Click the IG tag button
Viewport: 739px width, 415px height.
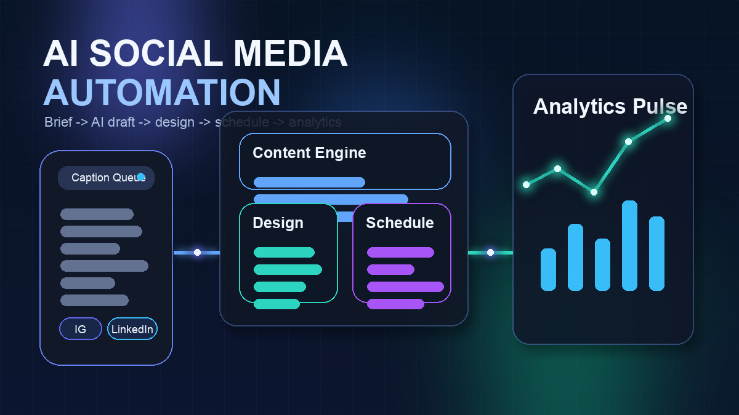pos(81,329)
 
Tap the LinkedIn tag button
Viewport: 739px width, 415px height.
pos(132,329)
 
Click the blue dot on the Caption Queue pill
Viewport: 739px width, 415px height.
pos(140,177)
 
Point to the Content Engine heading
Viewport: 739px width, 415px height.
pos(309,152)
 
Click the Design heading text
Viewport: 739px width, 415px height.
pos(278,223)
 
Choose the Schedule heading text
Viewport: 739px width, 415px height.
pos(400,223)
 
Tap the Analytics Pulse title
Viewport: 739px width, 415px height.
pos(610,106)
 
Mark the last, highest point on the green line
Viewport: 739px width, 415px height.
pos(668,118)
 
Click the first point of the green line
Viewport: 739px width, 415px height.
pos(526,184)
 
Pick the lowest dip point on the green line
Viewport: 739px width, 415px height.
pos(594,192)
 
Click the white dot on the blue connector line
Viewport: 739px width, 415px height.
pos(197,252)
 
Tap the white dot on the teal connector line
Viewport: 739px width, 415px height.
pos(490,252)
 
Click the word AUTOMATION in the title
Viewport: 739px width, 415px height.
pos(162,92)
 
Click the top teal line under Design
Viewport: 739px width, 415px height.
pos(284,252)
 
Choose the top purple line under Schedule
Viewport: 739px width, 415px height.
pos(400,252)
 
